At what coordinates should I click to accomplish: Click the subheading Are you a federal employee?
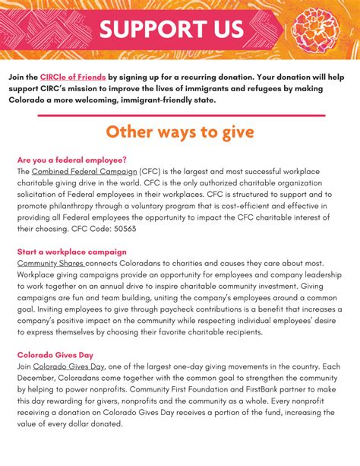click(71, 160)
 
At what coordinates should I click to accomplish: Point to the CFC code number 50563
click(122, 228)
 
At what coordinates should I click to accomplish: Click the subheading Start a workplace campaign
click(71, 252)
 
